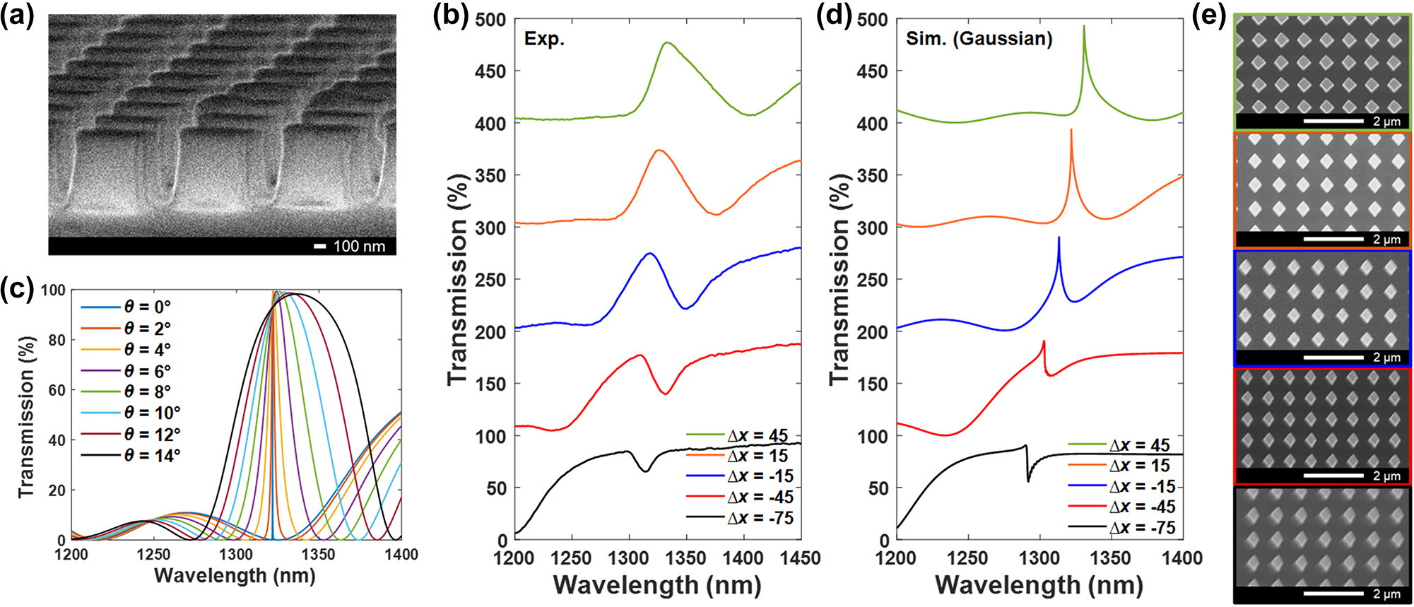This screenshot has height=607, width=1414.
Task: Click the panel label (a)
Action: (x=17, y=16)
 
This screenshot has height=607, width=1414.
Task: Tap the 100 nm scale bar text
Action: (x=359, y=246)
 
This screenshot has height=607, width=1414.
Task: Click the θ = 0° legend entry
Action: (x=148, y=307)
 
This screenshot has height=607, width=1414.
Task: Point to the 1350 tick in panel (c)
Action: (x=319, y=555)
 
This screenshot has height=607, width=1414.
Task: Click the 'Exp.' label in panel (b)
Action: (x=544, y=39)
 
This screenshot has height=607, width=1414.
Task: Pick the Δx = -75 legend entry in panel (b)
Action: (x=760, y=518)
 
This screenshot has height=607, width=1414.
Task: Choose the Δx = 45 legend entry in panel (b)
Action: (x=758, y=435)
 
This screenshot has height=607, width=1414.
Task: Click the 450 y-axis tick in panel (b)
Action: (x=490, y=71)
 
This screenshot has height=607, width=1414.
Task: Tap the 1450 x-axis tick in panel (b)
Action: (x=800, y=559)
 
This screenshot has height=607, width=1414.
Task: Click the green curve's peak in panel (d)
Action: (x=1083, y=27)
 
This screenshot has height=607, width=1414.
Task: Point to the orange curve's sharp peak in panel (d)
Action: (x=1071, y=130)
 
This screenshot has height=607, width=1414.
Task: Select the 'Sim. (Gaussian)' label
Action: (x=979, y=39)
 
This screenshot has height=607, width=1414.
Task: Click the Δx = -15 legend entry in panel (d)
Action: (x=1142, y=486)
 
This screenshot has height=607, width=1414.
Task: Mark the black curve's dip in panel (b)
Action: (x=645, y=471)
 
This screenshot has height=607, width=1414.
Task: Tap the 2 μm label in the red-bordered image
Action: (x=1386, y=476)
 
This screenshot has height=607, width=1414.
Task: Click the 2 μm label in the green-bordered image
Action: (x=1386, y=122)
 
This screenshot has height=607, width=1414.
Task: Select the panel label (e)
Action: (x=1208, y=16)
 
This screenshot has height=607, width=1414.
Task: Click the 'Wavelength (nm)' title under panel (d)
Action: (x=1039, y=585)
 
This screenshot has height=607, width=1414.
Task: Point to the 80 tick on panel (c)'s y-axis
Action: (x=57, y=340)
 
